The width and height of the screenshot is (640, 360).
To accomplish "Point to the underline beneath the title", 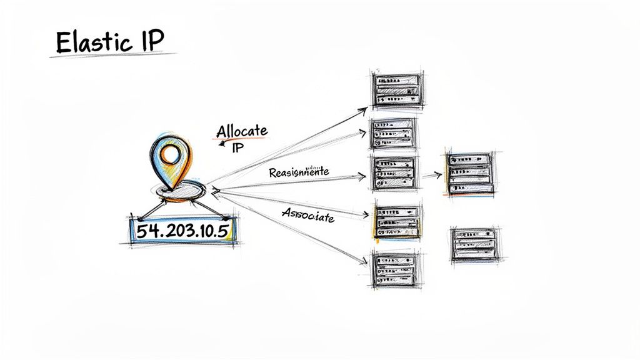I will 112,55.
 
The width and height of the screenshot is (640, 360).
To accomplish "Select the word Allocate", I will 241,132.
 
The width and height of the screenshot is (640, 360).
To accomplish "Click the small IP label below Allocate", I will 237,148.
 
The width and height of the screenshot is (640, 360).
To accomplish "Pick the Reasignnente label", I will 299,172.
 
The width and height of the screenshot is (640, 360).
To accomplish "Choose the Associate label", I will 308,214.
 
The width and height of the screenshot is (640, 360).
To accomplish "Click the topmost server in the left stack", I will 396,90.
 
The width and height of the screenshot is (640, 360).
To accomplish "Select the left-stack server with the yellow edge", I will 396,221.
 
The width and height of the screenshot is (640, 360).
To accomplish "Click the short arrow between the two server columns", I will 431,175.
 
